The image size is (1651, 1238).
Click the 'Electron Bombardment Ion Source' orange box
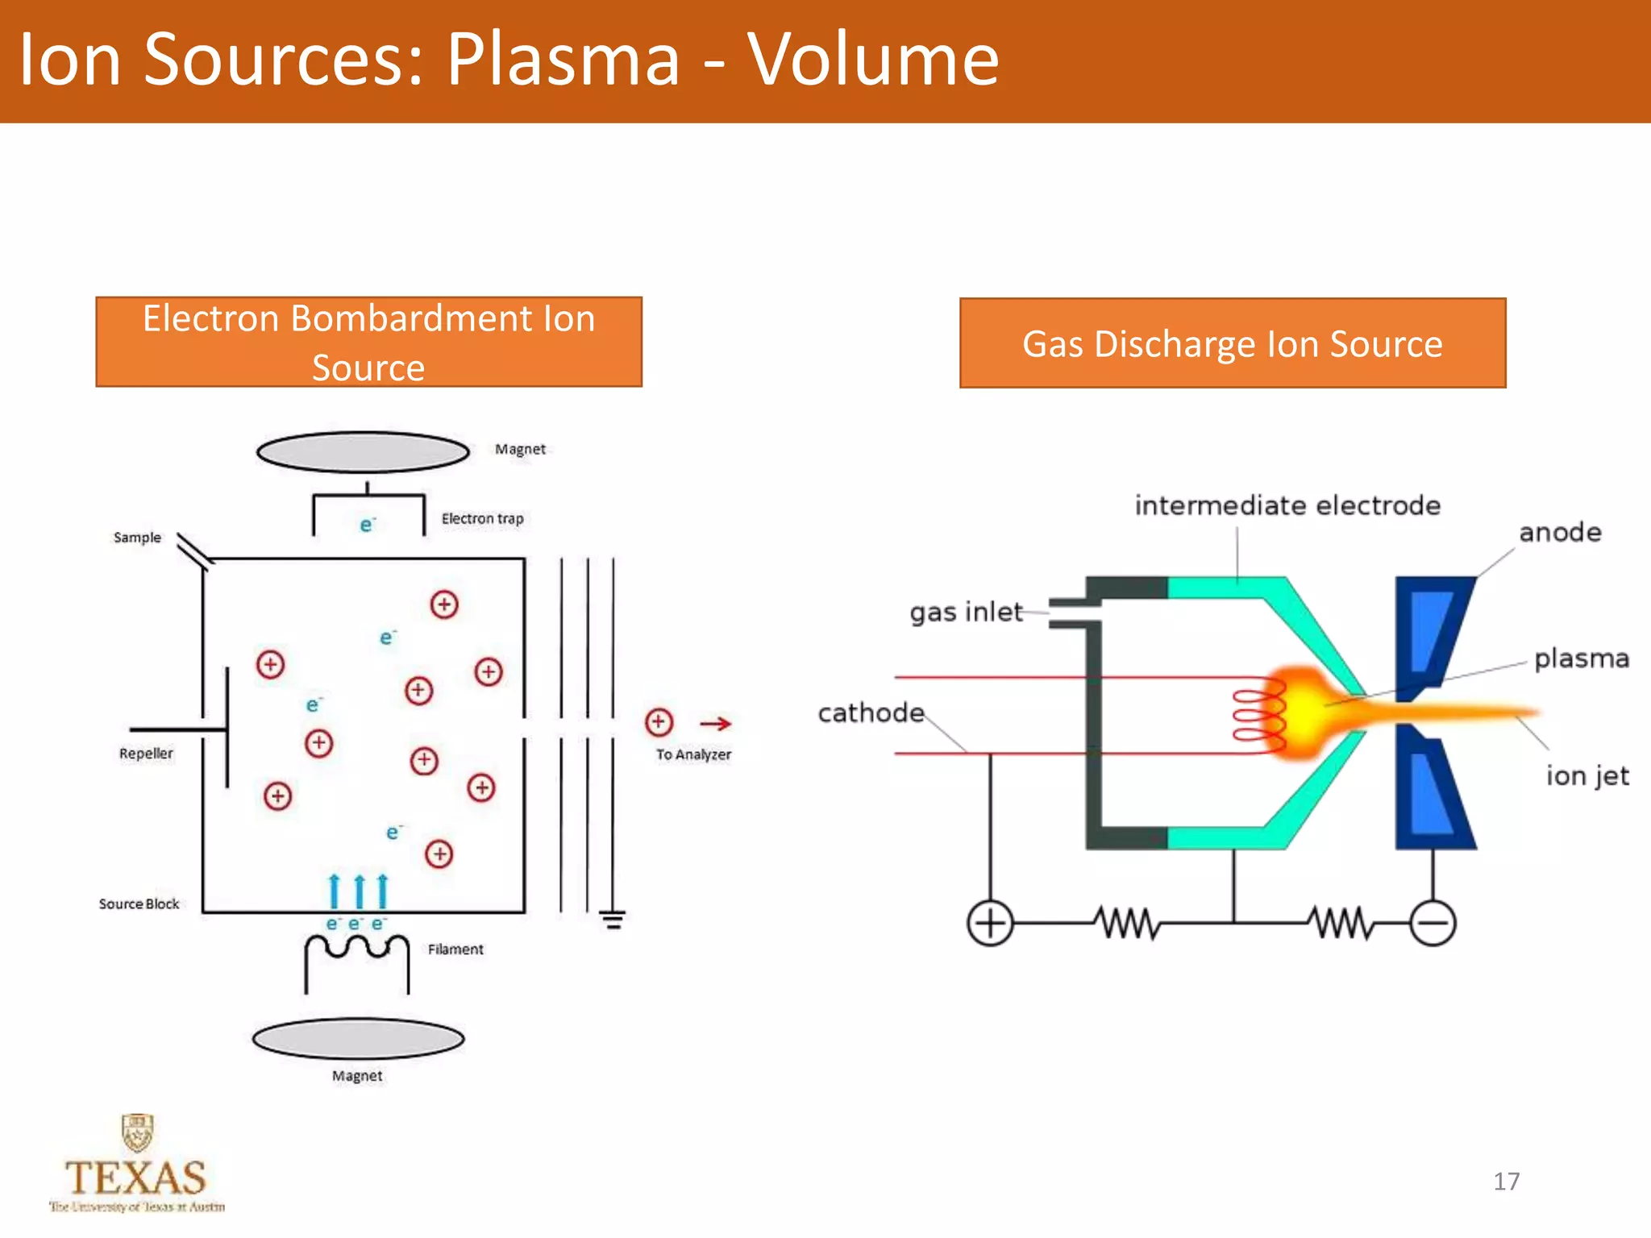pos(368,342)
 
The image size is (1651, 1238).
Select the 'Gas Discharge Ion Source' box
pos(1232,343)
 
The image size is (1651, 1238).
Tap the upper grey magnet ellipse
pos(363,452)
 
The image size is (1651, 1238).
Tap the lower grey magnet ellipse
pos(358,1038)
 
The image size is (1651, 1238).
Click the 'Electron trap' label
pos(482,518)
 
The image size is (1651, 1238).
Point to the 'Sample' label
pos(137,537)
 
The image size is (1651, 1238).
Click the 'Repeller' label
pos(146,753)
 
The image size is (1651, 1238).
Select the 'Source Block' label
pos(139,904)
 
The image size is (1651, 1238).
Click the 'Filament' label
pos(455,949)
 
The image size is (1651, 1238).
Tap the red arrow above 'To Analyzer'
pos(715,724)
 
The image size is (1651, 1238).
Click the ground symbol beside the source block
pos(613,919)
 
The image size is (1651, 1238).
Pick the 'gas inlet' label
pos(966,612)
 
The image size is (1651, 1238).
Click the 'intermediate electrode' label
pos(1287,505)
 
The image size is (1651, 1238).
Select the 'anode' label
pos(1560,532)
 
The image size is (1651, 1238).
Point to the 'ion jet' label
pos(1587,775)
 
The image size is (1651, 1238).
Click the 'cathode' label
pos(871,712)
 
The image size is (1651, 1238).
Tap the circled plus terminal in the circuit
pos(990,922)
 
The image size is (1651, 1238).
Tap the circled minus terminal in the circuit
pos(1433,922)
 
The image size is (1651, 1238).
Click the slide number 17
pos(1506,1181)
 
